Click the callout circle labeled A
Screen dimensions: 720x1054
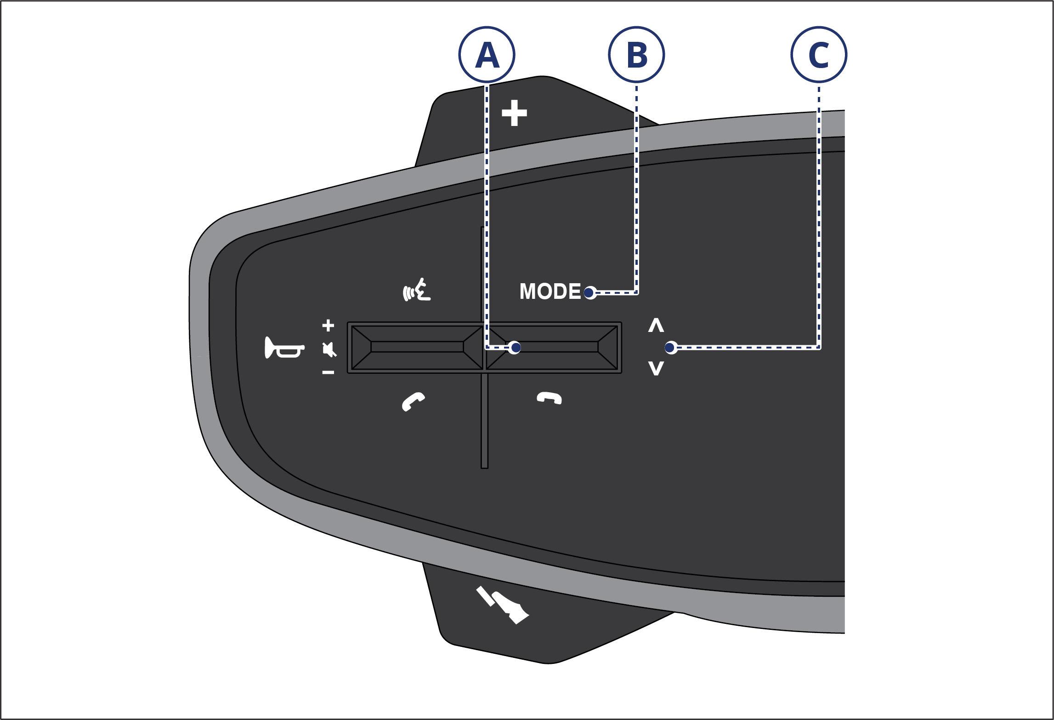click(487, 55)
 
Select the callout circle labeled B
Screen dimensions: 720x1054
click(636, 55)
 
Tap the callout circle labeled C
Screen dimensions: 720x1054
click(819, 55)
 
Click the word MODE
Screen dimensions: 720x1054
click(550, 291)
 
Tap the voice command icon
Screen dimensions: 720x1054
click(417, 290)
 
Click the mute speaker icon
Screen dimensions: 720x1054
click(329, 349)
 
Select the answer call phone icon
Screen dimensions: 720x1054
click(413, 401)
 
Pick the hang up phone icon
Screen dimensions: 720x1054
click(550, 398)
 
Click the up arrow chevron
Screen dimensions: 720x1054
click(656, 325)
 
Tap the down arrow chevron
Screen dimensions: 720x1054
click(656, 368)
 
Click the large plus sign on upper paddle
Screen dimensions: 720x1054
click(514, 113)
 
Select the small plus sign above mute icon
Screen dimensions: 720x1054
click(328, 326)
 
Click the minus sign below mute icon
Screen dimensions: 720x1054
click(328, 372)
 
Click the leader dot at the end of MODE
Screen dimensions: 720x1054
click(589, 293)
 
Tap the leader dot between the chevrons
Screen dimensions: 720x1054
click(670, 348)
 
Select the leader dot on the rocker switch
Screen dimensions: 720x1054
click(516, 348)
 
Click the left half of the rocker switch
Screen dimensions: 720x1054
click(417, 347)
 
